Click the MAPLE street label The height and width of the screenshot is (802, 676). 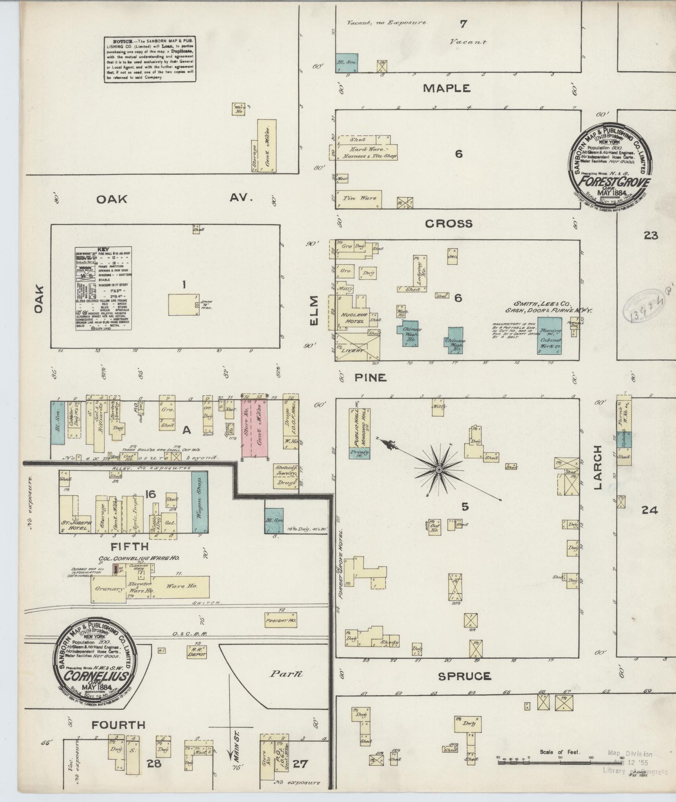[446, 88]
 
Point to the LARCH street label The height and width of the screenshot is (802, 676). [598, 467]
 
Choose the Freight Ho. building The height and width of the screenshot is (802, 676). [281, 620]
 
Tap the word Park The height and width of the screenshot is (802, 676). [286, 674]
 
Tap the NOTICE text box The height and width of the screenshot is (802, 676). [150, 59]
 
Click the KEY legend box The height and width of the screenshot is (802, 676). [104, 288]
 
